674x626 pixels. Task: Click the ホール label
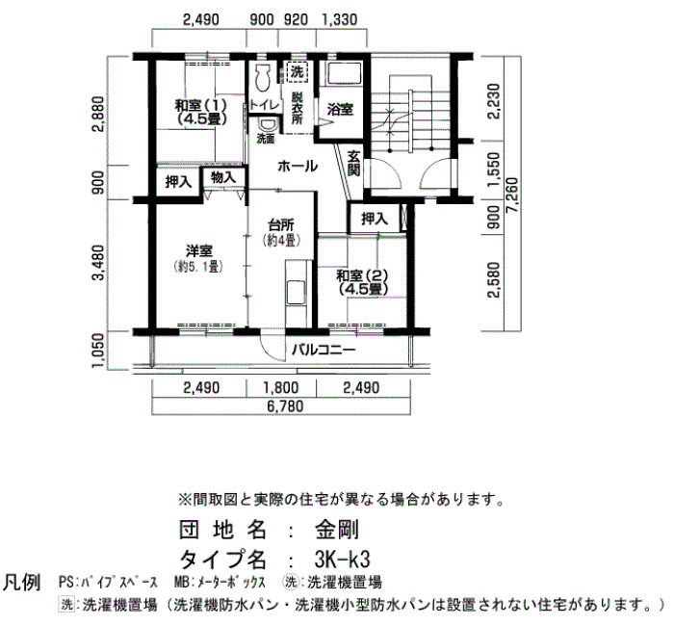(x=298, y=166)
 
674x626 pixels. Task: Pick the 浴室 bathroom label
(x=341, y=110)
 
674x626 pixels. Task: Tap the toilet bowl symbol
(x=262, y=77)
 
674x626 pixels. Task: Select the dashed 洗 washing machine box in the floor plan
(x=297, y=72)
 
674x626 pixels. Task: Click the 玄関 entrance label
(x=353, y=164)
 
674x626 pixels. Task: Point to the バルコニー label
(x=324, y=350)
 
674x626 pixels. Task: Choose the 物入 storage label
(x=224, y=176)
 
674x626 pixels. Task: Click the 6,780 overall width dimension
(x=285, y=405)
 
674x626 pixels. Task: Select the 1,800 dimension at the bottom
(x=281, y=388)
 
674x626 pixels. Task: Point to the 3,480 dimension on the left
(x=98, y=263)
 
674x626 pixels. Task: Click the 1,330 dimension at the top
(x=340, y=19)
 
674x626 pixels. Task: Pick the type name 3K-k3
(x=342, y=560)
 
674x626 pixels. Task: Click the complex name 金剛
(x=337, y=530)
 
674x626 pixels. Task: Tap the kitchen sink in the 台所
(x=297, y=293)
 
